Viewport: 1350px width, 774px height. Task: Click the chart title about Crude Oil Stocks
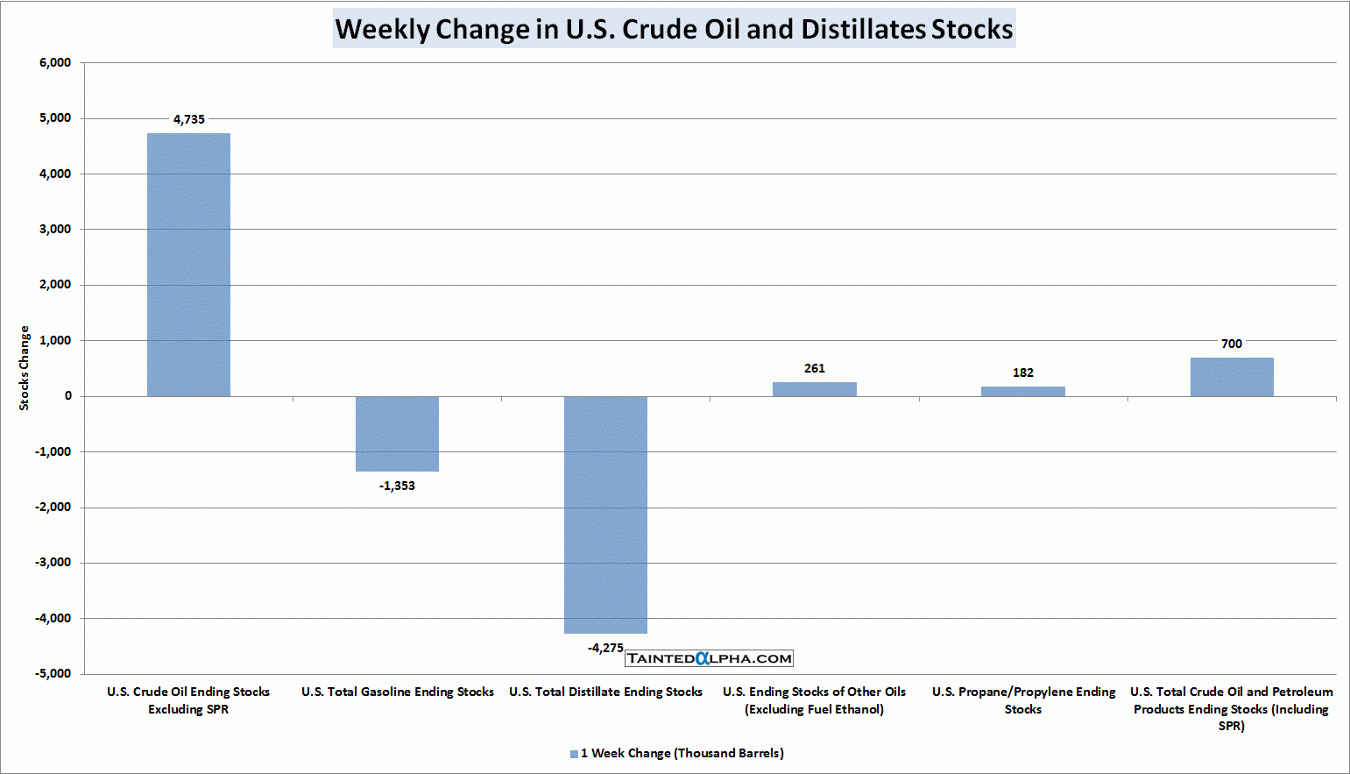tap(674, 29)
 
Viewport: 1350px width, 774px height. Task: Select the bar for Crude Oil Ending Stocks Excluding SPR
tap(188, 265)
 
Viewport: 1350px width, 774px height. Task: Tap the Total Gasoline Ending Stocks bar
tap(397, 434)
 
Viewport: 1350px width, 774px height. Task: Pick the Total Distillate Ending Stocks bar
tap(605, 515)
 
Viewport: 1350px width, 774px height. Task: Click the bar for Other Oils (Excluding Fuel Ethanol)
tap(814, 389)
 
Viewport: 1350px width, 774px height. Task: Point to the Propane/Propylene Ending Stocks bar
tap(1022, 391)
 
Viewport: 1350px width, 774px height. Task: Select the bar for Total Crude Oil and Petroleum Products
tap(1232, 377)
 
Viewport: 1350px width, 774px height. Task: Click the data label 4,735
tap(188, 119)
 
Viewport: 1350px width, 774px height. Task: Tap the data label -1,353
tap(397, 486)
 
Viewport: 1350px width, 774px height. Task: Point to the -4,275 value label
tap(605, 648)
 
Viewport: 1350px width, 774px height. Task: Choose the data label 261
tap(814, 368)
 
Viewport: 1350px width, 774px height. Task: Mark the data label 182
tap(1022, 373)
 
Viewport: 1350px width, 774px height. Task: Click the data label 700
tap(1232, 344)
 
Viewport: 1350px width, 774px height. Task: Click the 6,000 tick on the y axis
tap(55, 62)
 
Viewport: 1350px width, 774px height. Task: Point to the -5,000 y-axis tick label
tap(53, 673)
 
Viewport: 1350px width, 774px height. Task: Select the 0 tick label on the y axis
tap(67, 395)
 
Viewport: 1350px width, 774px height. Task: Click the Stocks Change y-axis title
tap(25, 368)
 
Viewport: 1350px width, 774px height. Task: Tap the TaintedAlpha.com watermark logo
tap(709, 658)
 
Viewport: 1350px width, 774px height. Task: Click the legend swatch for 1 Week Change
tap(574, 754)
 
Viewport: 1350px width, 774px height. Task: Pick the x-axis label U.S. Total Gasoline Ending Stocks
tap(397, 692)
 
